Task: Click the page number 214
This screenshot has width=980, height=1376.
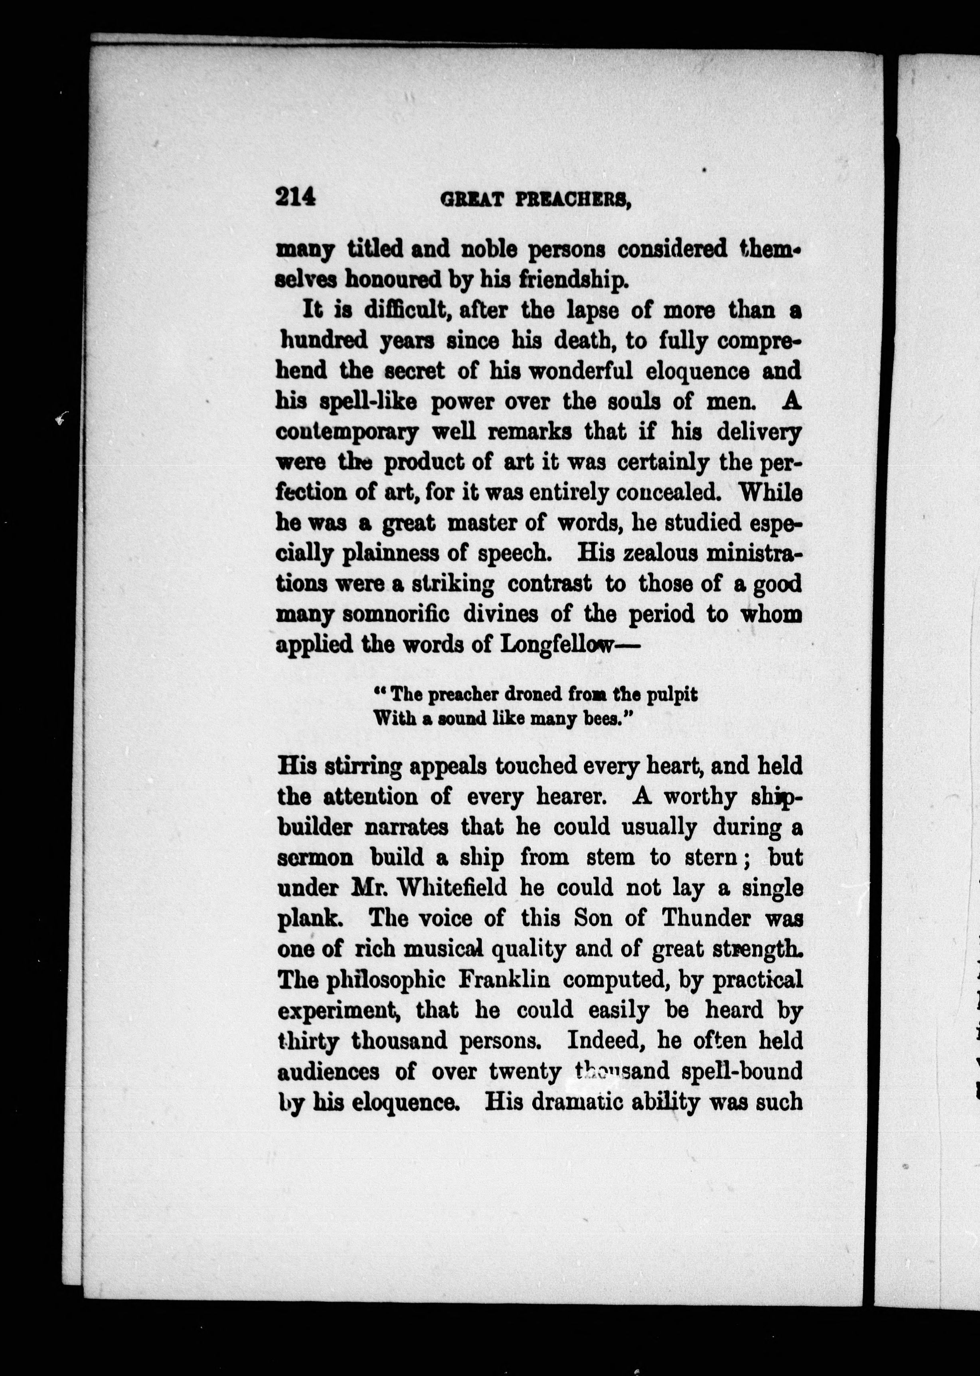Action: [x=296, y=198]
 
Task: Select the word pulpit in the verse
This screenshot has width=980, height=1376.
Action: [x=672, y=695]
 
